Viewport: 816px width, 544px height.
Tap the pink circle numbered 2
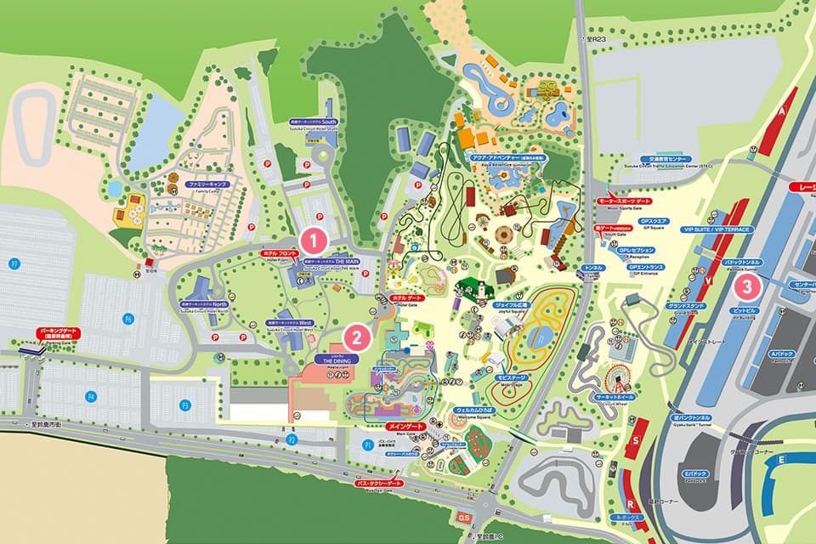tap(358, 337)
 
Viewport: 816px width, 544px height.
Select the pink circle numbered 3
tap(746, 287)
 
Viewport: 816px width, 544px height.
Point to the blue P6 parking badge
tap(129, 319)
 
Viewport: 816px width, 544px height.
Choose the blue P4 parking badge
tap(91, 396)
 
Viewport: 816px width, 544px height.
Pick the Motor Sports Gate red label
tap(626, 201)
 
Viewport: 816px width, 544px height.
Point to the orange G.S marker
tap(464, 517)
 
